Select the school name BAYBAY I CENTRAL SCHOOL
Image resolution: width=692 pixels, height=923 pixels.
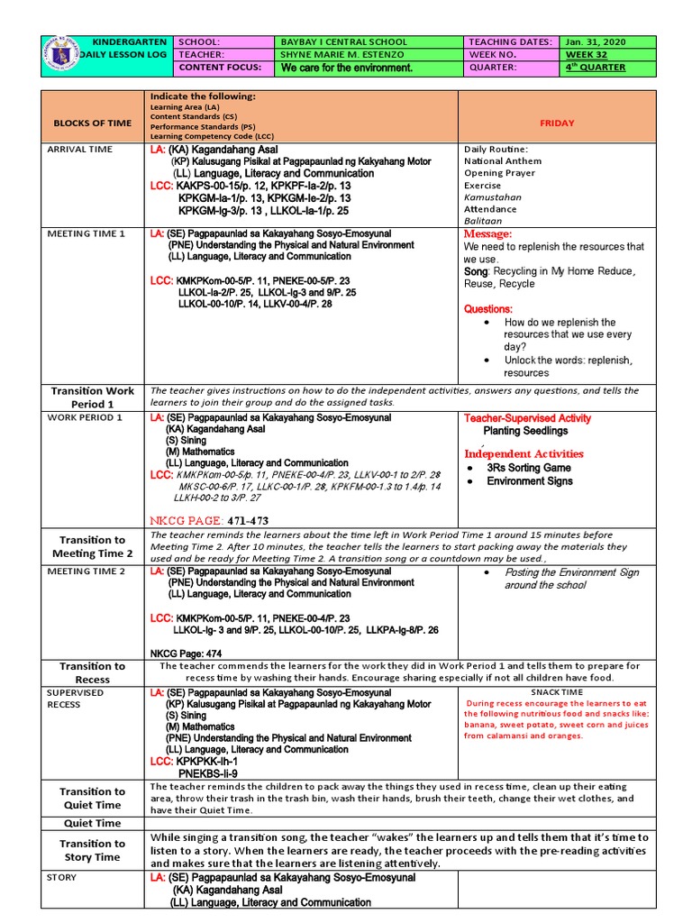343,41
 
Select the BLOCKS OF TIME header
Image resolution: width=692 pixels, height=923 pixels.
92,123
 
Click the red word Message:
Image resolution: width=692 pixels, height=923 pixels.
487,234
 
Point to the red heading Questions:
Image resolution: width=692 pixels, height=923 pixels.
487,309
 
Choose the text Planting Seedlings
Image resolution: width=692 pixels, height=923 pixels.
525,432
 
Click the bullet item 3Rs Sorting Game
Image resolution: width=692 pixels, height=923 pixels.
528,468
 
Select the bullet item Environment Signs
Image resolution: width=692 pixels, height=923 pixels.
529,481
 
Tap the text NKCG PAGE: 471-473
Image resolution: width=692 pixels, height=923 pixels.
209,521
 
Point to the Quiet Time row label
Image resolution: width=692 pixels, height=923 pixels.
92,823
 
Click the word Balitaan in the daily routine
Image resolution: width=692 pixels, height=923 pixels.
483,221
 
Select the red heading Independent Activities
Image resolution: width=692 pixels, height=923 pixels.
524,453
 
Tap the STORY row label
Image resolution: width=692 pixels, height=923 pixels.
62,877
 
